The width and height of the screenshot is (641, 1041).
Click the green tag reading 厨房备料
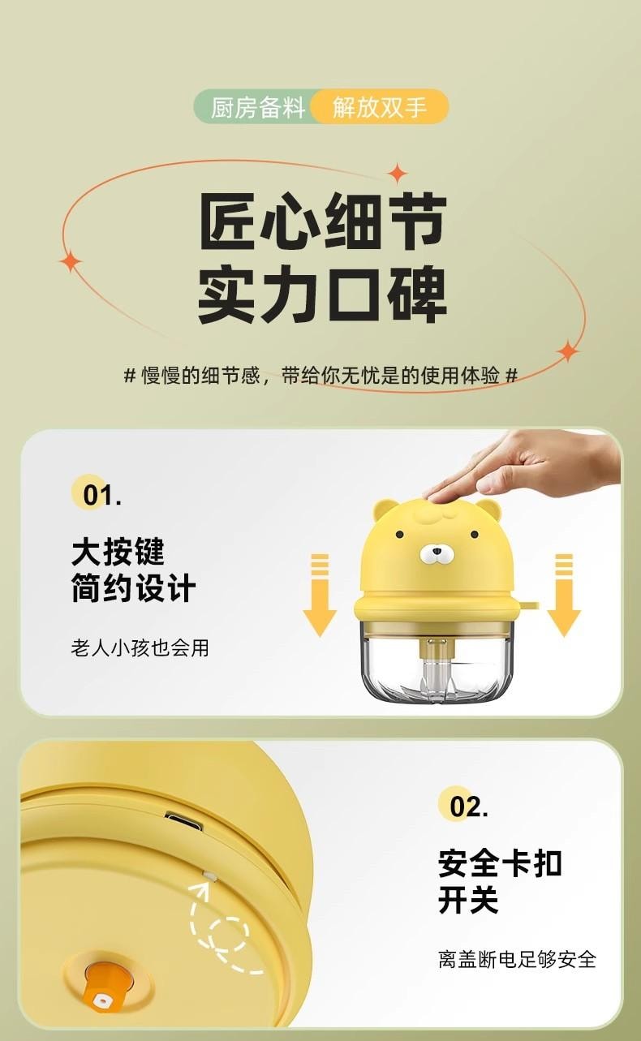pyautogui.click(x=258, y=107)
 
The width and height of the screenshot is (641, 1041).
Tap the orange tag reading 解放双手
pyautogui.click(x=380, y=107)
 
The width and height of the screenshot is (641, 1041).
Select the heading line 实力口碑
pyautogui.click(x=323, y=294)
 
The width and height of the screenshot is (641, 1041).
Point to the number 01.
pyautogui.click(x=101, y=496)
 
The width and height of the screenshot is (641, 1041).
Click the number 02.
pyautogui.click(x=468, y=807)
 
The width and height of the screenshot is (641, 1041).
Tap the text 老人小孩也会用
pyautogui.click(x=140, y=647)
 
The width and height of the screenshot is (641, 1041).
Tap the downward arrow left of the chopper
pyautogui.click(x=320, y=595)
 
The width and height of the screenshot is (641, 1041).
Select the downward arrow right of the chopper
pyautogui.click(x=564, y=595)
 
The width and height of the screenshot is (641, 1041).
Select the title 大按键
pyautogui.click(x=118, y=552)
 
